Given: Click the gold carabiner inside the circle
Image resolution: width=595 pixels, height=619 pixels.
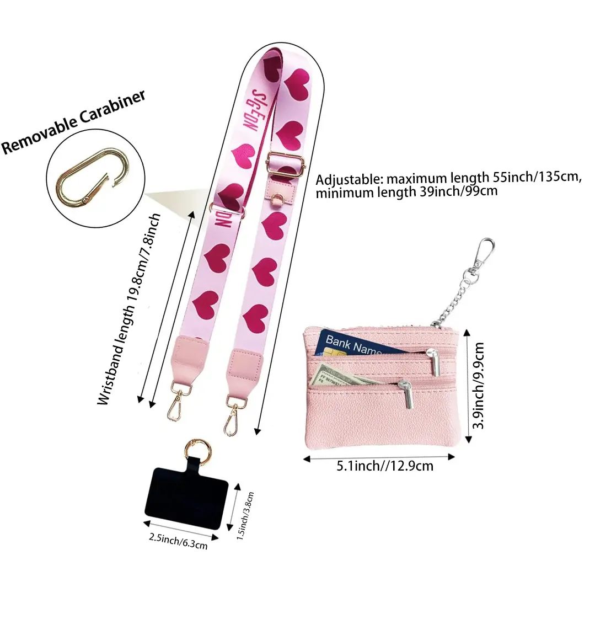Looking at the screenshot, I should coord(94,177).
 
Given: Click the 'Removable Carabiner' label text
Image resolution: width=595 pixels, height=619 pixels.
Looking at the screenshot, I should coord(74,122).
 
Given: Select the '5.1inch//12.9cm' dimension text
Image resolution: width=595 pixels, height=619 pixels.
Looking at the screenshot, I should coord(384,466).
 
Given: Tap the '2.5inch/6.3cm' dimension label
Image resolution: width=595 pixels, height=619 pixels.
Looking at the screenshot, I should coord(178,541).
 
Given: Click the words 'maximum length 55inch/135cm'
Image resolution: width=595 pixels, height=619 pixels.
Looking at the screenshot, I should coord(483,178).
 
